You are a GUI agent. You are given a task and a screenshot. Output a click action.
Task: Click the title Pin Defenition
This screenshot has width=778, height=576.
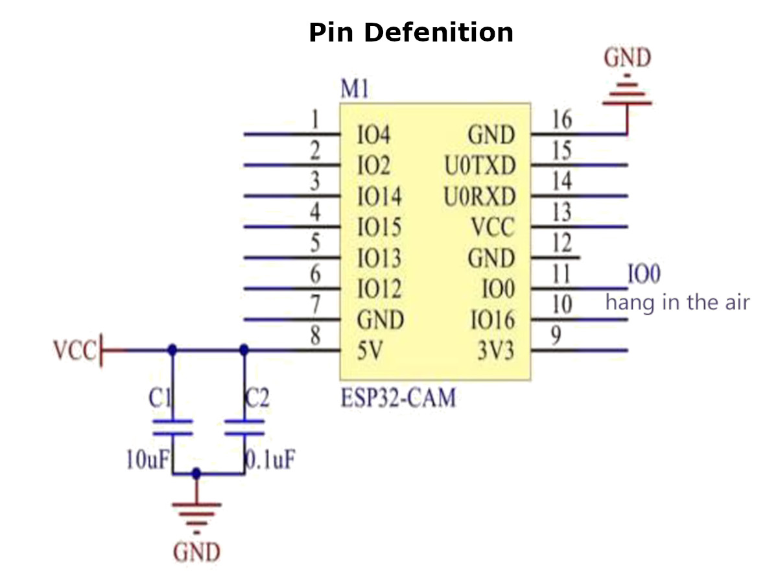pos(411,32)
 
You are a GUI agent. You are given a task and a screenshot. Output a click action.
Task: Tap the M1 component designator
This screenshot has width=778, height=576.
pos(355,90)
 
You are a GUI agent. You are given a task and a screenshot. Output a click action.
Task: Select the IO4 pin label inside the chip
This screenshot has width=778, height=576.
pos(374,136)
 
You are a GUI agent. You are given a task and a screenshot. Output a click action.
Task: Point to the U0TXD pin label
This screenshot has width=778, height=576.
pos(480,167)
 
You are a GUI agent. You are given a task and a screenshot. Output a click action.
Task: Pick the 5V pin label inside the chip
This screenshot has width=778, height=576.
pos(370,351)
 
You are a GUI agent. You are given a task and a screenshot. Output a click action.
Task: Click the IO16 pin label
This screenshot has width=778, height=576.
pos(493,320)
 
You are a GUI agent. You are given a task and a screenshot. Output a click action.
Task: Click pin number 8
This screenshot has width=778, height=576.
pos(315,337)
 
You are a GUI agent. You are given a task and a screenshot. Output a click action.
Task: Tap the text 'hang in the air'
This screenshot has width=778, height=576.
pos(678,302)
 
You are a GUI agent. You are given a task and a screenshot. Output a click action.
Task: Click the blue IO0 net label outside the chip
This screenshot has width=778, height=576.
pos(644,274)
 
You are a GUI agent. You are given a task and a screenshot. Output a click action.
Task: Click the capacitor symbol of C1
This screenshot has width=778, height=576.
pos(172,427)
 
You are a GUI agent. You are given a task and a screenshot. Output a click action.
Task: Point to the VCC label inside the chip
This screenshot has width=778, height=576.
pos(492,228)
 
